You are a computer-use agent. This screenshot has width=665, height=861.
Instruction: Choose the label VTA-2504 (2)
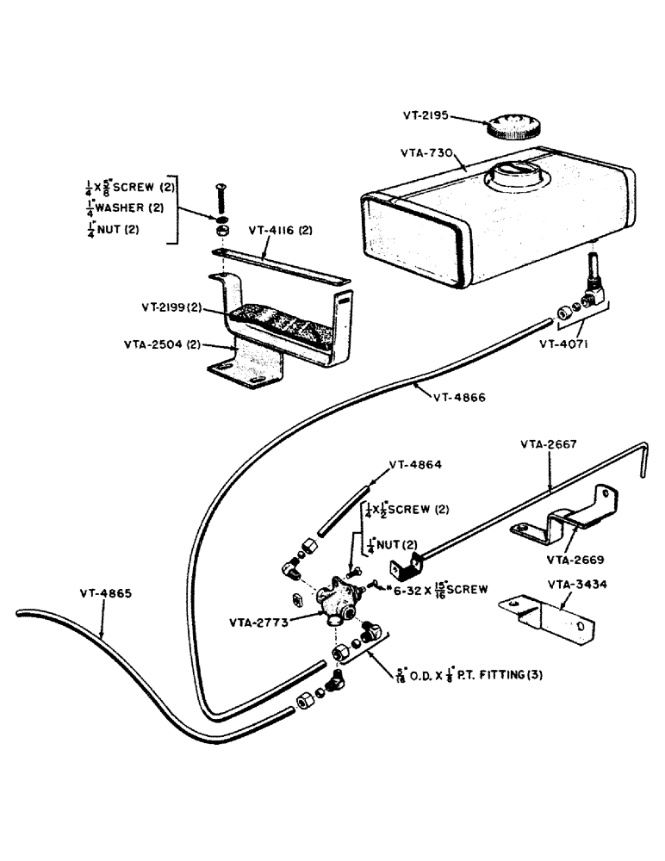pos(163,344)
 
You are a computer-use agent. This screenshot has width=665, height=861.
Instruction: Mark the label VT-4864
pos(415,464)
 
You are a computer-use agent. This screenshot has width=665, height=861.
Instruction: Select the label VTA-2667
pos(547,445)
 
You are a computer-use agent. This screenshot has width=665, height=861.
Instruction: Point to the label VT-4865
pos(108,592)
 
